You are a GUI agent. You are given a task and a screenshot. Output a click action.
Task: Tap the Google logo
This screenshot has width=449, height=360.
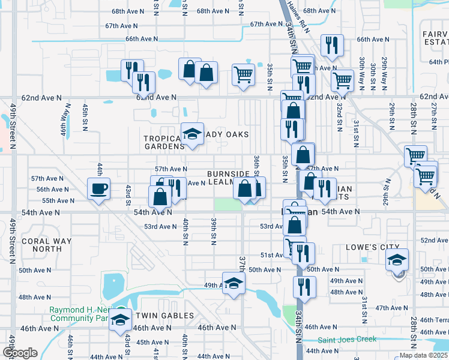[x=20, y=353]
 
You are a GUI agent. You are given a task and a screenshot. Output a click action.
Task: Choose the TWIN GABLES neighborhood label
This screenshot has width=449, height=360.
[x=164, y=316]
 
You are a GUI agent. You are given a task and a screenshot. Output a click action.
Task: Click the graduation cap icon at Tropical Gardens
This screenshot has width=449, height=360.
[x=191, y=134]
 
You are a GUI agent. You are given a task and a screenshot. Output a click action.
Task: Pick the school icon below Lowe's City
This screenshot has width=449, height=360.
[x=397, y=260]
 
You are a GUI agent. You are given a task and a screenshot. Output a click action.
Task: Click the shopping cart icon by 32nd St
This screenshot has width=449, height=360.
[x=342, y=80]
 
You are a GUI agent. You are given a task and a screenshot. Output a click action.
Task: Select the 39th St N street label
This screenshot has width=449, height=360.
[x=213, y=231]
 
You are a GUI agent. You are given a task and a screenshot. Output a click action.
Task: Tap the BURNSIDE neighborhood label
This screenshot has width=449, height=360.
[x=228, y=173]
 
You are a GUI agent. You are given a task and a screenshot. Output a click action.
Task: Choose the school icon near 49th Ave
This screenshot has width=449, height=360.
[x=234, y=284]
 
